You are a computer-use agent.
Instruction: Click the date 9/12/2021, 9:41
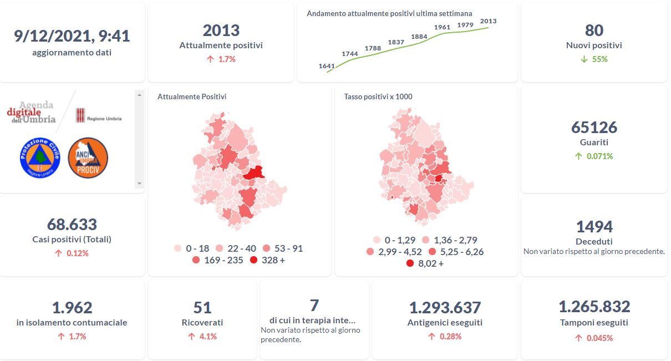coord(72,36)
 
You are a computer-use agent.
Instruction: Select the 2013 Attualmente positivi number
coord(221,30)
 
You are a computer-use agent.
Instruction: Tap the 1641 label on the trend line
coord(327,66)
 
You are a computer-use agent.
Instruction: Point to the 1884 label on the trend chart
coord(419,37)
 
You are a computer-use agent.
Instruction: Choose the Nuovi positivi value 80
coord(594,30)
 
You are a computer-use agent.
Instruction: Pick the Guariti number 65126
coord(594,128)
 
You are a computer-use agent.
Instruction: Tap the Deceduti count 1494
coord(594,226)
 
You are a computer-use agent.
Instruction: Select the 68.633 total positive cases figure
coord(72,225)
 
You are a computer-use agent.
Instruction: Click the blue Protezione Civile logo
coord(39,158)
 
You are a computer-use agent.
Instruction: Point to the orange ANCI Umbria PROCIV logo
coord(88,158)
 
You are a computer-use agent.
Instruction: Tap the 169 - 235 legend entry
coord(217,260)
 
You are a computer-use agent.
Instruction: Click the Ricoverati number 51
coord(202,307)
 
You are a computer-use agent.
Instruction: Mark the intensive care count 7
coord(314,305)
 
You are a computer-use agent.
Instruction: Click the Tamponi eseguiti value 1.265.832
coord(594,307)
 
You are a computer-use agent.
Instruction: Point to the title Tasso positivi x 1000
coord(378,96)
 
